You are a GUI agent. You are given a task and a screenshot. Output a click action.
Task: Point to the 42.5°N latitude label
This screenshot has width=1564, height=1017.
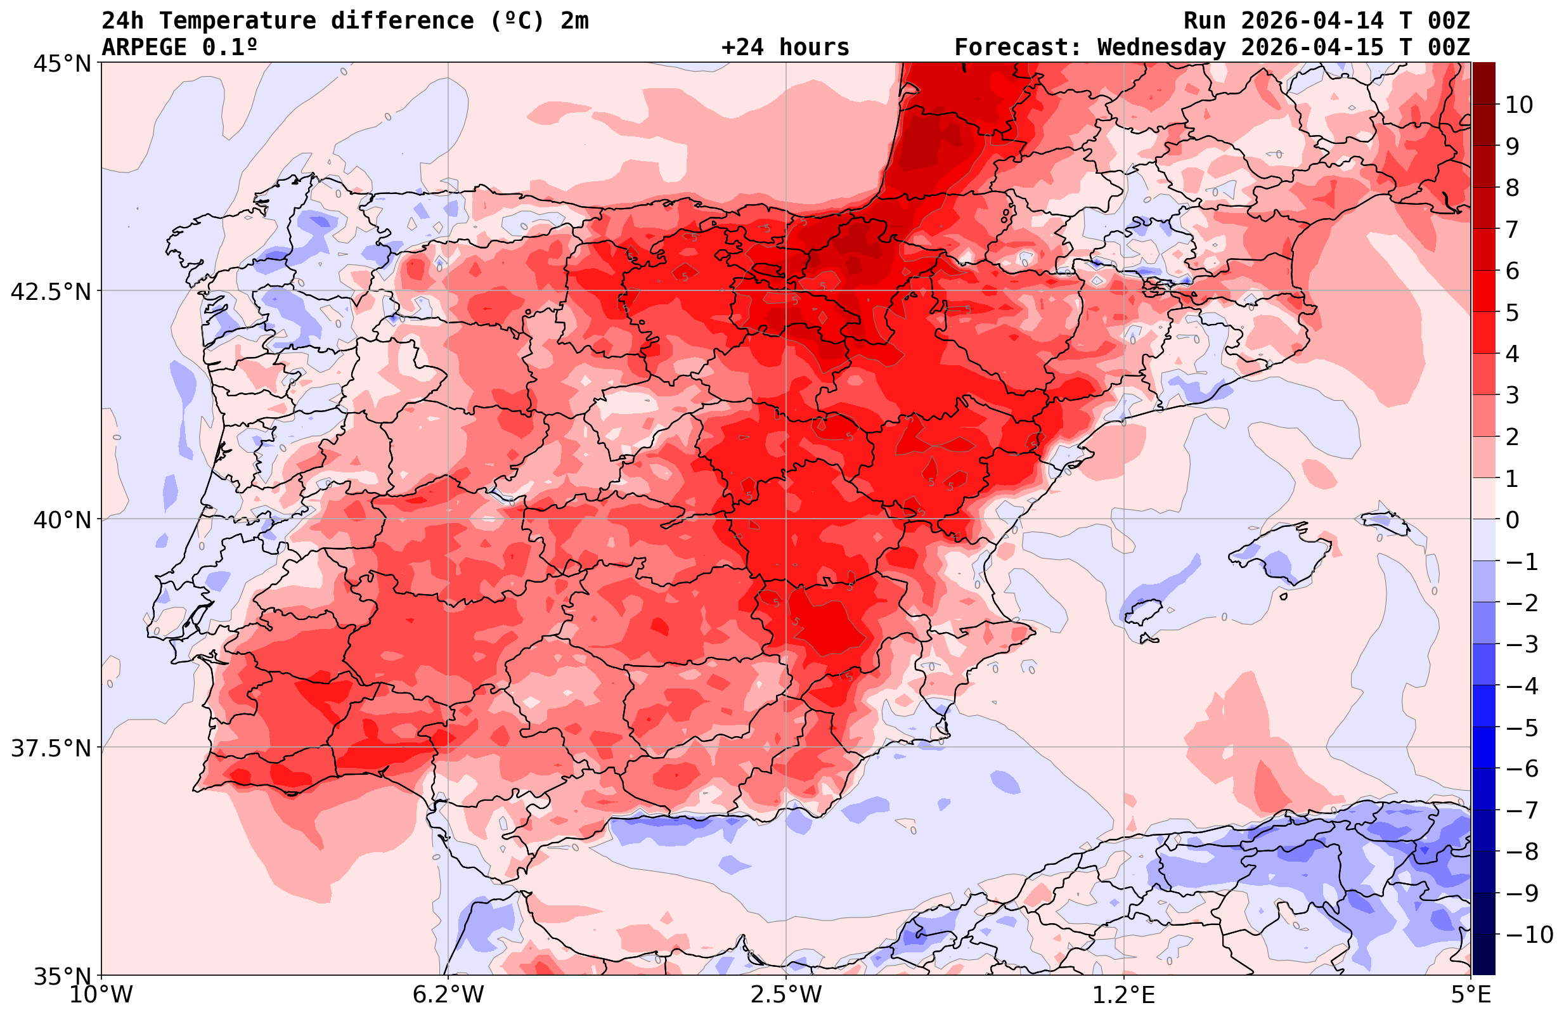(x=50, y=291)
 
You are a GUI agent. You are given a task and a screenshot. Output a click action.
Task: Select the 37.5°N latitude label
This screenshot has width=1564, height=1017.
(x=50, y=748)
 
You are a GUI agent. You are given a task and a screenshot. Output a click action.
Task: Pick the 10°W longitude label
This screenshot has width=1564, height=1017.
(x=101, y=995)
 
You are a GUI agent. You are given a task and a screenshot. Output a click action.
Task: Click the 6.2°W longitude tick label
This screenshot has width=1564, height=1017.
(x=448, y=995)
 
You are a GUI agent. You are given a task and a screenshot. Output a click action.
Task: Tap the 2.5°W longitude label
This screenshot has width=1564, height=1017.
(x=786, y=995)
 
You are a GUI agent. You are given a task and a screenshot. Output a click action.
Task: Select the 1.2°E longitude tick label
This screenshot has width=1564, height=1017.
(x=1124, y=995)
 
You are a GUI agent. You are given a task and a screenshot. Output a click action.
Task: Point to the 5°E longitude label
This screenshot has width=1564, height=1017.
(x=1471, y=995)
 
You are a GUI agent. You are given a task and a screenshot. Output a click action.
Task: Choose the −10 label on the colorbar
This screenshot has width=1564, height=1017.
(x=1529, y=934)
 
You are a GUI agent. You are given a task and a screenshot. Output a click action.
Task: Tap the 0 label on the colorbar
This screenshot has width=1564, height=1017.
(x=1512, y=520)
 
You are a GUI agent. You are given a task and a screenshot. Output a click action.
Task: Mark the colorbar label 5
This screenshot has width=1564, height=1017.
(x=1512, y=313)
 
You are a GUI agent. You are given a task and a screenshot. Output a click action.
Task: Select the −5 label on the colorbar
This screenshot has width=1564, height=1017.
(x=1522, y=727)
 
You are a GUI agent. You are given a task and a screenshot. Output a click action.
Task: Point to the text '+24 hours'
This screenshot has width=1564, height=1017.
(x=785, y=48)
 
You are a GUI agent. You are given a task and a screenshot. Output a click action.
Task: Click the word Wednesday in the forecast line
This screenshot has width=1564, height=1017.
(x=1161, y=48)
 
